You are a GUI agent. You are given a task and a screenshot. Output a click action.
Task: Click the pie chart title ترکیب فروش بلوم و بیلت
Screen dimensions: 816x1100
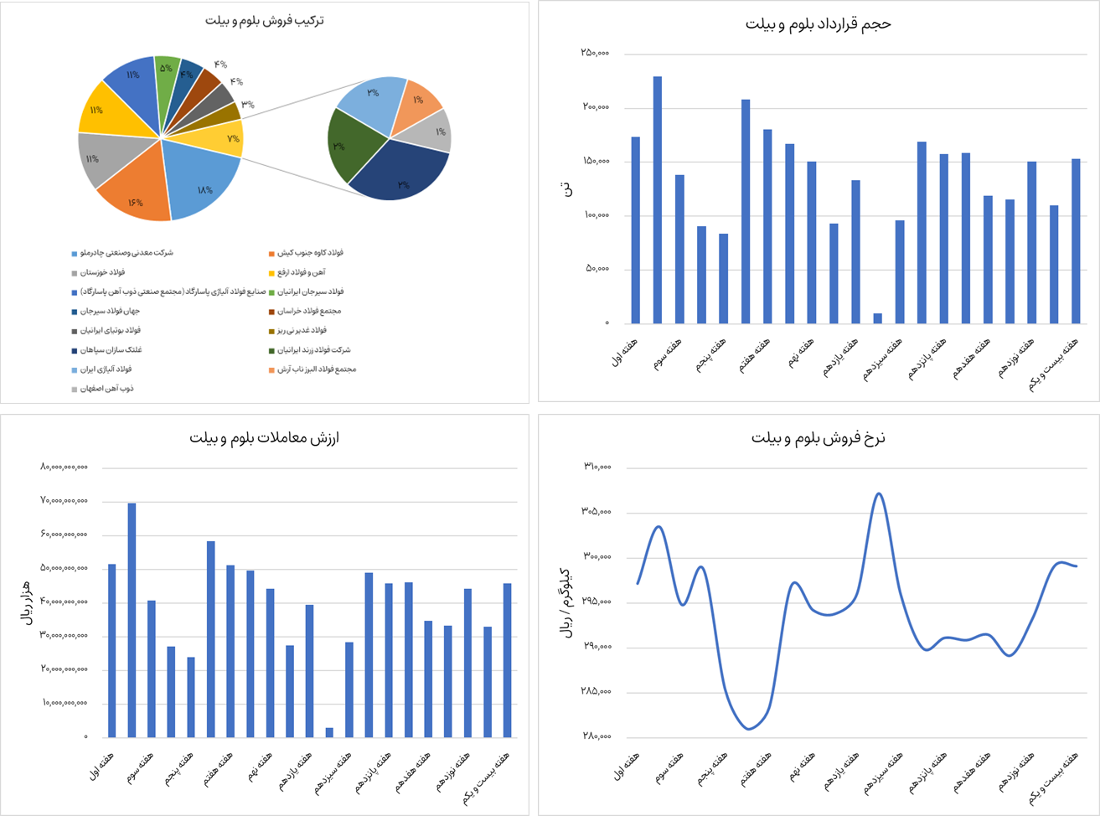(265, 20)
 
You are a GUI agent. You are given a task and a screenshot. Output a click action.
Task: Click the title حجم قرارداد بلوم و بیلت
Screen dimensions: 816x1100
(818, 24)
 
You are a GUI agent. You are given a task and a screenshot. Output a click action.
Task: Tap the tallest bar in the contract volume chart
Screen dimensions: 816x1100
(658, 199)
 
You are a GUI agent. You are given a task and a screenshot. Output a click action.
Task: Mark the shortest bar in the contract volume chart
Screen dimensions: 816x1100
(878, 318)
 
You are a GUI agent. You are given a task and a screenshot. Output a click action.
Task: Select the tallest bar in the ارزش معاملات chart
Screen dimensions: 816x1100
(132, 620)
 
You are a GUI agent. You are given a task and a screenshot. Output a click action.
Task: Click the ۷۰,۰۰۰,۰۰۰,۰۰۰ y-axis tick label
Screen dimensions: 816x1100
(64, 501)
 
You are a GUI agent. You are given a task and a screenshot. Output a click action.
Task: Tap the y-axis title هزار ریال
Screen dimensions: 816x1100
(24, 602)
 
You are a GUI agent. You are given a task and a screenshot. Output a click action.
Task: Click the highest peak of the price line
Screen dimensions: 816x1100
(878, 493)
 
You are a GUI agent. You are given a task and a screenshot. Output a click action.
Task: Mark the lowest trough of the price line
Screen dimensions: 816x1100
(749, 729)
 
